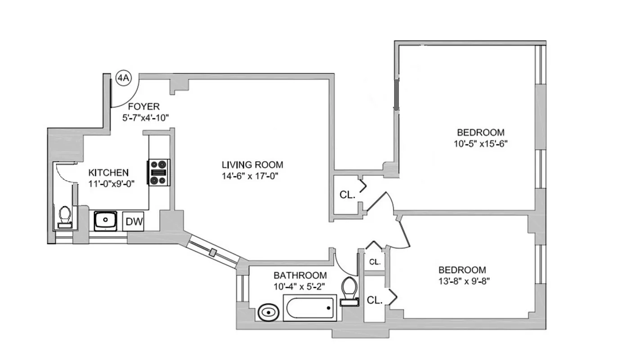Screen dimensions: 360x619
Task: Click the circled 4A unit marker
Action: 123,78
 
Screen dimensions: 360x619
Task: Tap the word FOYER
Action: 144,107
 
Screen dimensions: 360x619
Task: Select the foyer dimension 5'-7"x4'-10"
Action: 145,117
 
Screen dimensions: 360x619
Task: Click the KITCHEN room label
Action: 108,172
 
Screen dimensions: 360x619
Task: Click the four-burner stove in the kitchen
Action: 158,172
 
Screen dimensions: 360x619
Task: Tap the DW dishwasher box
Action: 134,221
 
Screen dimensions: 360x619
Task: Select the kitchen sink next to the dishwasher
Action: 106,220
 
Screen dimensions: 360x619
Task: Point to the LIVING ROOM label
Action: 252,165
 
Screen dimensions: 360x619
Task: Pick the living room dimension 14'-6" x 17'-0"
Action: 250,176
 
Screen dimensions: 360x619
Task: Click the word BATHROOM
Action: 300,275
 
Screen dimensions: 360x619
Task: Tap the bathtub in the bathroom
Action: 309,308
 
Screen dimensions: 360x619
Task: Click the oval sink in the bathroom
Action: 269,312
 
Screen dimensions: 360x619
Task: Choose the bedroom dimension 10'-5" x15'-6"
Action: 481,144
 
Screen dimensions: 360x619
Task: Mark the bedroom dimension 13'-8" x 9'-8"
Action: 462,282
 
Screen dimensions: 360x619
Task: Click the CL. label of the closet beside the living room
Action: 347,195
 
